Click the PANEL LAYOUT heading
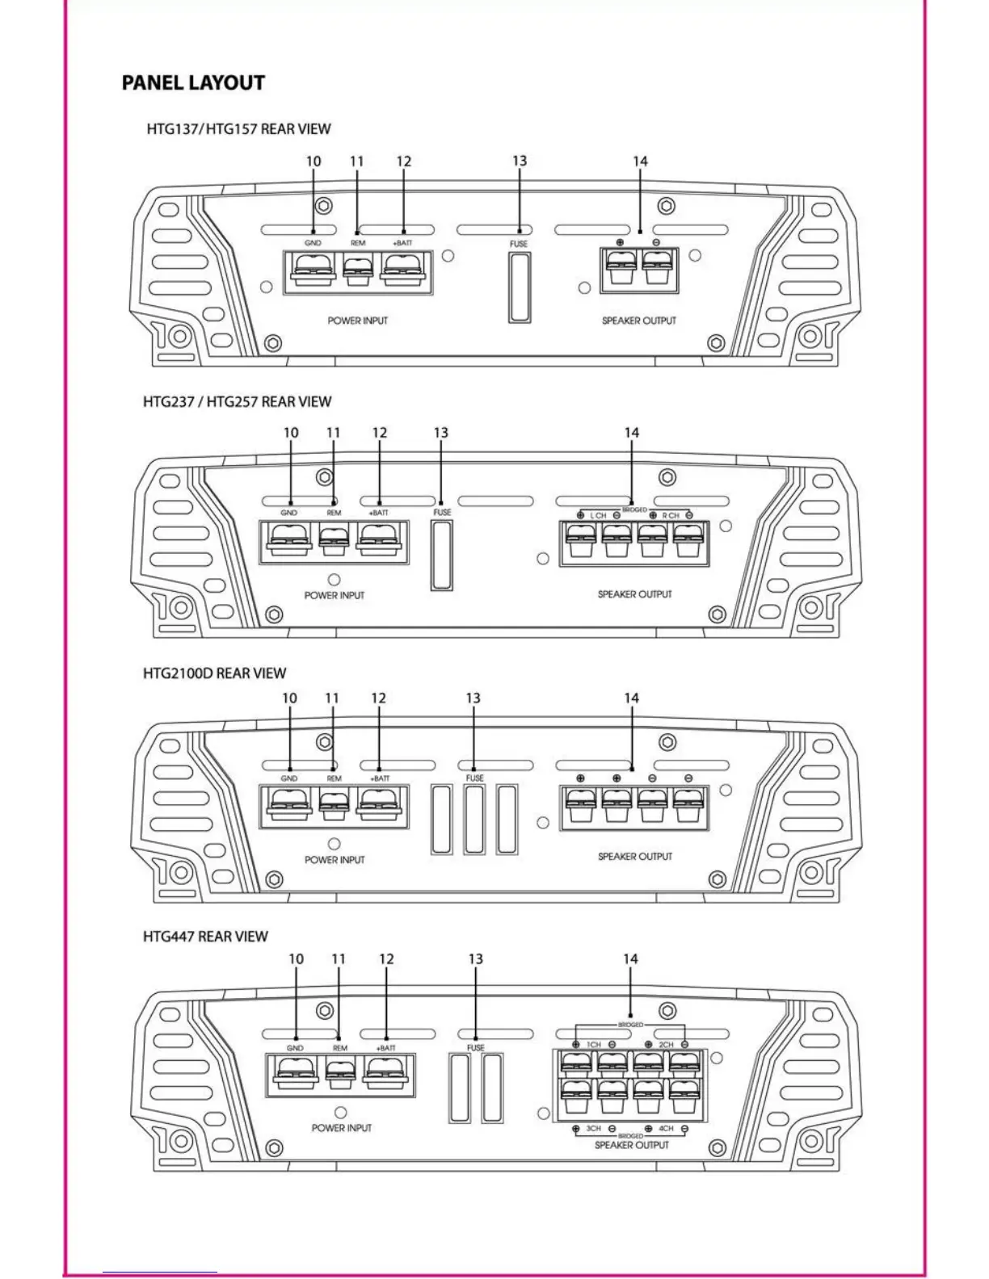click(193, 83)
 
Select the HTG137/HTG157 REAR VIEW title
click(238, 129)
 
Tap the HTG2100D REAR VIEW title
click(214, 673)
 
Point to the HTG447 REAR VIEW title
click(205, 937)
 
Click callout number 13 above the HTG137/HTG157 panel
click(520, 161)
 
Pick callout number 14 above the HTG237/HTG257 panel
click(632, 434)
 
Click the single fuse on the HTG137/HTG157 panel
click(520, 287)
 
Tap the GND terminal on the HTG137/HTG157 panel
click(312, 270)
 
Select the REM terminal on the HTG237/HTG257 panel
click(334, 539)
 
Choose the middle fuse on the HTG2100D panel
click(474, 820)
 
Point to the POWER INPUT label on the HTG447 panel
click(342, 1128)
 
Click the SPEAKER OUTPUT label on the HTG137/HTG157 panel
click(639, 321)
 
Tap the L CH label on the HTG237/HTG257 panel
click(598, 515)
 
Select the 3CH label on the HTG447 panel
click(594, 1128)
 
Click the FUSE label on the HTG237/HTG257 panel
click(442, 513)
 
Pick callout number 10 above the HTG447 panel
click(297, 959)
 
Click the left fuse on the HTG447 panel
click(460, 1088)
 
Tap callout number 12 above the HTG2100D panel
click(379, 698)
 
